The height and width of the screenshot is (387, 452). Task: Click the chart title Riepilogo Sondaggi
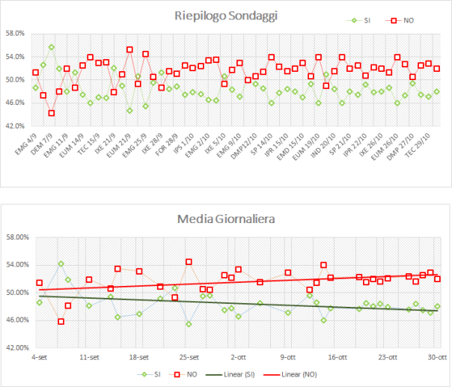click(226, 15)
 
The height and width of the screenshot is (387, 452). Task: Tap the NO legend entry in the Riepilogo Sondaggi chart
click(405, 21)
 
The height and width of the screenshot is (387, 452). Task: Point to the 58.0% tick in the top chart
click(16, 34)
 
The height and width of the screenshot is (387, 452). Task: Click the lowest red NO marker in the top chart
click(51, 113)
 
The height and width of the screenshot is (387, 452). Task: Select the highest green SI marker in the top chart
click(51, 47)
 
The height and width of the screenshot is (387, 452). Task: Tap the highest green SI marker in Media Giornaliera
click(61, 263)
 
